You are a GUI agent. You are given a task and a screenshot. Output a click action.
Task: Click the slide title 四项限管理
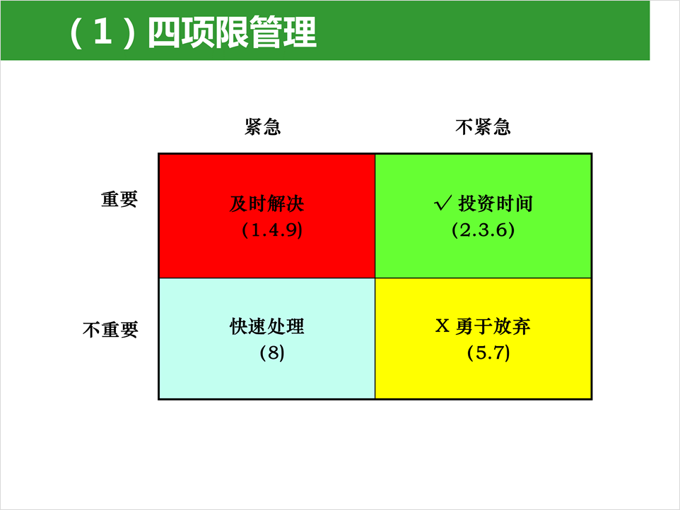(x=232, y=32)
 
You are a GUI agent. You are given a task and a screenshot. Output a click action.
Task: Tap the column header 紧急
(x=262, y=127)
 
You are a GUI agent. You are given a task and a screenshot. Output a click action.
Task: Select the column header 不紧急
(x=483, y=127)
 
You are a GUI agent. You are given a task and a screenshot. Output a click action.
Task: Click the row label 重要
(x=119, y=199)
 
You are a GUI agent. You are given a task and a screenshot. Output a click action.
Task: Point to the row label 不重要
(x=110, y=330)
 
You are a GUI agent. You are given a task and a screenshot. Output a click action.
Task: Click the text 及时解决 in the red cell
(x=266, y=203)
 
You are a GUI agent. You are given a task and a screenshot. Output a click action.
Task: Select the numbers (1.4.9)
(x=272, y=230)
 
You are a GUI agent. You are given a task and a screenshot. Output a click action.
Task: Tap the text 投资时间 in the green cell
(x=496, y=203)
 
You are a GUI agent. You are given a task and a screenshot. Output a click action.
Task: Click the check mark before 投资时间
(x=442, y=203)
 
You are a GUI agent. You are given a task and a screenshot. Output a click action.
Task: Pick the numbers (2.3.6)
(x=483, y=230)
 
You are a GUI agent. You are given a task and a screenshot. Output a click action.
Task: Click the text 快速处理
(x=266, y=326)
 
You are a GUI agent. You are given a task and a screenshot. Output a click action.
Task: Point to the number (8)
(x=272, y=352)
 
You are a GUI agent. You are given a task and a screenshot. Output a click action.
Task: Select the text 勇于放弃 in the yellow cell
(x=493, y=326)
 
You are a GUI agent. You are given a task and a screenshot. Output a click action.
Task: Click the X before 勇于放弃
(x=442, y=326)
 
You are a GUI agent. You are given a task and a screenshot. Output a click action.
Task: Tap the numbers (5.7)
(x=488, y=352)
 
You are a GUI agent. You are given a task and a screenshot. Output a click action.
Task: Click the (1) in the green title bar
(x=102, y=32)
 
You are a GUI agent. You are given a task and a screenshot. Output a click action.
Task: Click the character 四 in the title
(x=164, y=32)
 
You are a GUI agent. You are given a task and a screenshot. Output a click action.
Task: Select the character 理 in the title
(x=300, y=32)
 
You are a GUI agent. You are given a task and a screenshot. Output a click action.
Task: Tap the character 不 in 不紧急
(x=464, y=127)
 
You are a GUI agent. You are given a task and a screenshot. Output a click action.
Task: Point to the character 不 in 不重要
(x=91, y=330)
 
